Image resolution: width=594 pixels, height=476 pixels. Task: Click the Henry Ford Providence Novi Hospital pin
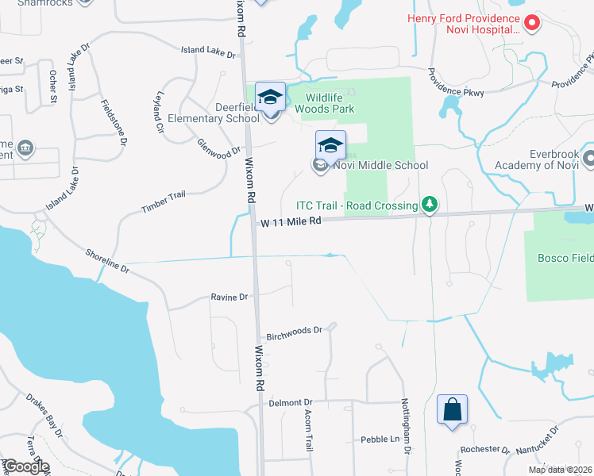[x=531, y=24]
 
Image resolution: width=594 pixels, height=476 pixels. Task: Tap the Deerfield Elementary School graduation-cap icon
[x=270, y=98]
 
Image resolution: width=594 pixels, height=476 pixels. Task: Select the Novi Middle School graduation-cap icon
[x=330, y=145]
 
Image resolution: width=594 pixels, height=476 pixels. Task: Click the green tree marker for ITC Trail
[x=430, y=205]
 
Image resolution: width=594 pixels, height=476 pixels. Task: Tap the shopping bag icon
[x=452, y=410]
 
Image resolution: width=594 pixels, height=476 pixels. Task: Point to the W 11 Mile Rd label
[x=291, y=223]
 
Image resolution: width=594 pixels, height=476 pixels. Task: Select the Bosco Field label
[x=565, y=259]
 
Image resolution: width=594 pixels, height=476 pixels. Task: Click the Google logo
[x=25, y=466]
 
